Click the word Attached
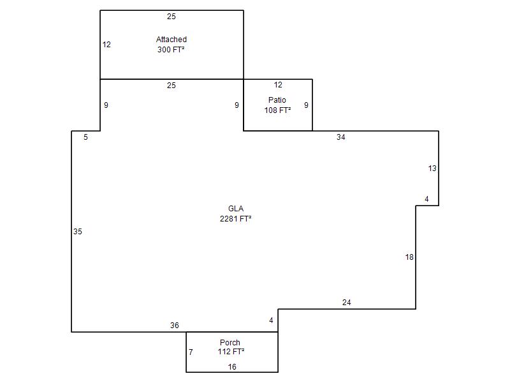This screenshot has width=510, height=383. pos(171,40)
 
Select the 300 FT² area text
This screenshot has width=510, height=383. pos(171,50)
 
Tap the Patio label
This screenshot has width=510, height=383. pos(277,100)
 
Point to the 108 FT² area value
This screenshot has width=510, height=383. pos(277,110)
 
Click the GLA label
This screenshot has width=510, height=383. pos(236,209)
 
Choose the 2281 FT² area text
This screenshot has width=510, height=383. pos(235,218)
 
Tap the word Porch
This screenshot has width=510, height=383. pos(230,343)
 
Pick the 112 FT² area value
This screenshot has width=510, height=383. pos(231,352)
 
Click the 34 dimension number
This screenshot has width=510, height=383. pos(341,137)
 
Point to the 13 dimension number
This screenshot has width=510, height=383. pos(432,169)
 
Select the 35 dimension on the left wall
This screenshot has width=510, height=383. pos(77,232)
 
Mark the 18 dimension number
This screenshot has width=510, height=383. pos(409,257)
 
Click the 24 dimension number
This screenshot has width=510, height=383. pos(347,303)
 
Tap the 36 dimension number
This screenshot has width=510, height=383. pos(174,326)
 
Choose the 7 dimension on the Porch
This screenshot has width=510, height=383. pos(191,352)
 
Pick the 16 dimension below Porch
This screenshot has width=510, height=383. pos(232,367)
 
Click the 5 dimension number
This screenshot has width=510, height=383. pos(85,137)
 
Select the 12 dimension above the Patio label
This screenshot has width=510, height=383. pos(278,85)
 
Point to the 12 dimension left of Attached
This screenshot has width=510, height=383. pos(106,45)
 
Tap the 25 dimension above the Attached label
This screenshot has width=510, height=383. pos(171,17)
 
